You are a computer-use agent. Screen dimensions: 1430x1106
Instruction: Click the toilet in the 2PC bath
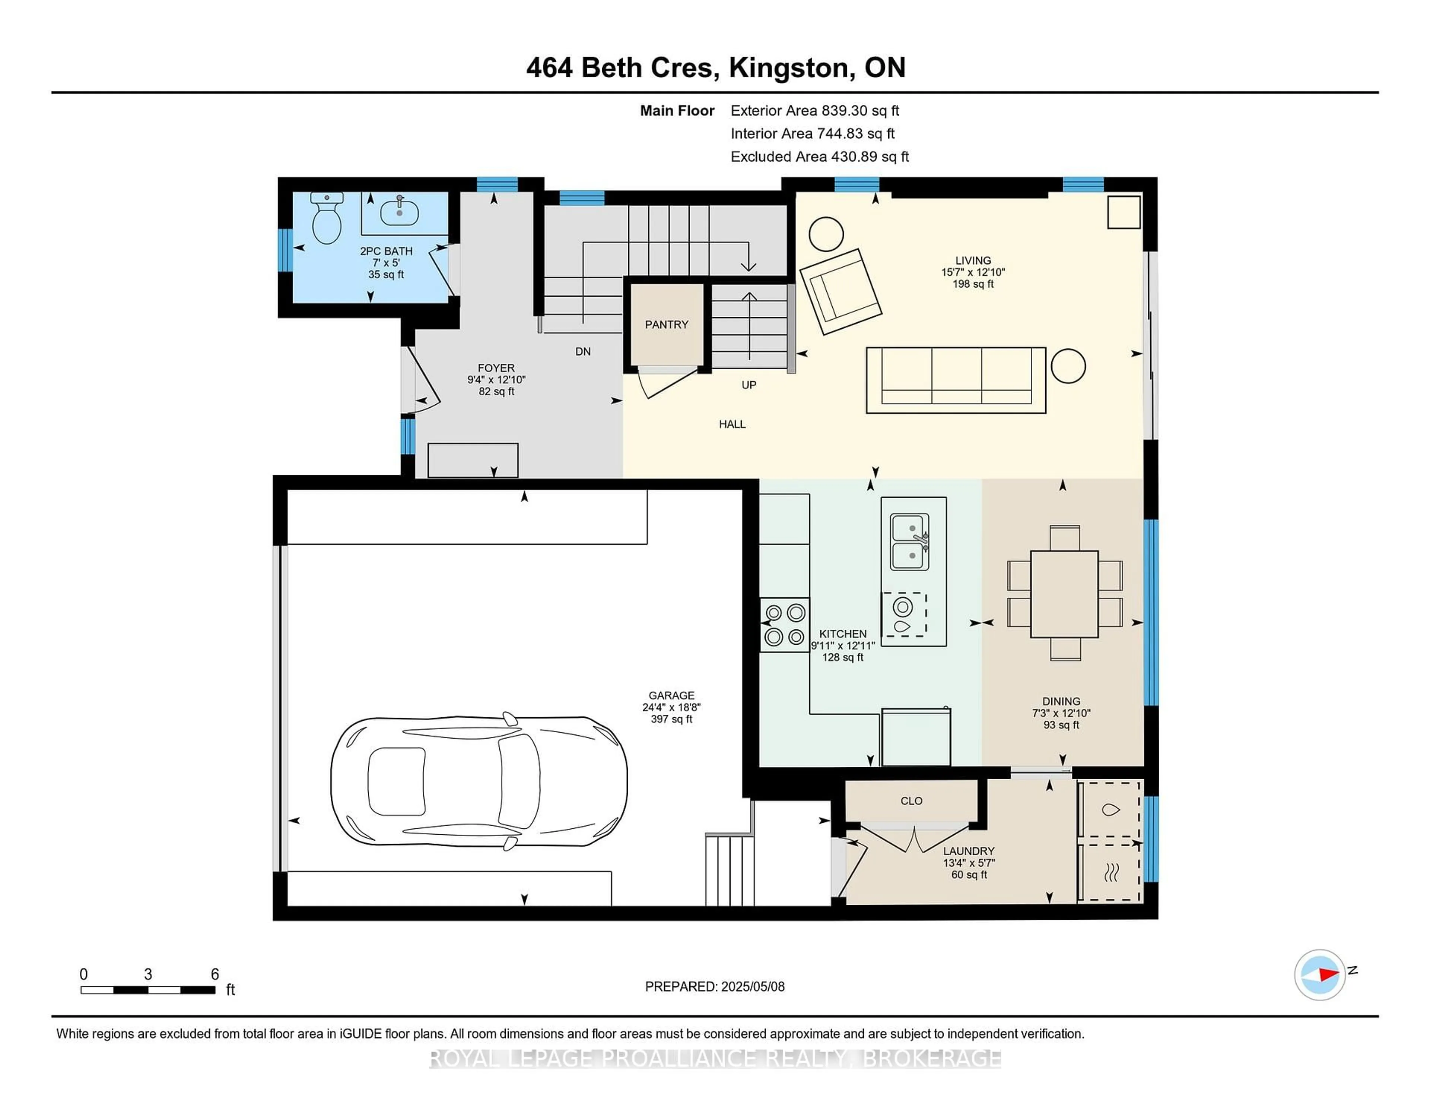point(326,218)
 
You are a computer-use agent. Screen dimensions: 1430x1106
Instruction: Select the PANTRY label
point(667,324)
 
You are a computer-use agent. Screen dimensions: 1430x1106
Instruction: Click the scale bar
point(148,989)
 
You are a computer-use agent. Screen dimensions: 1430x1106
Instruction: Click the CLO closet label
point(911,801)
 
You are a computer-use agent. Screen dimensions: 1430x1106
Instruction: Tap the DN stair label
point(583,351)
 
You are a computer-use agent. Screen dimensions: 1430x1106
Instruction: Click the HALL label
point(732,424)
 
